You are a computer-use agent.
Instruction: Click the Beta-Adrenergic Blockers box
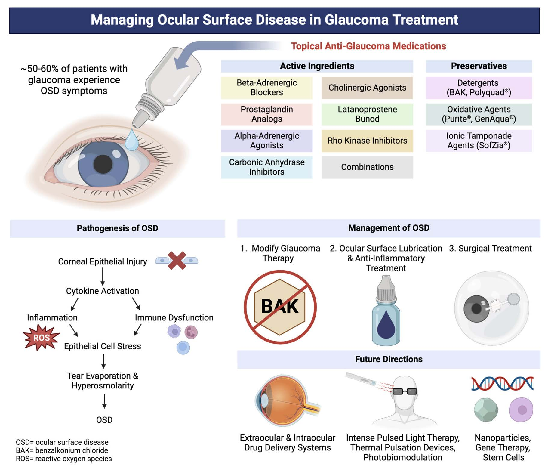266,88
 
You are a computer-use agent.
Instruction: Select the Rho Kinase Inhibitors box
367,141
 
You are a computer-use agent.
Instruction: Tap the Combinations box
367,167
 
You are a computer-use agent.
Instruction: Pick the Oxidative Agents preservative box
479,114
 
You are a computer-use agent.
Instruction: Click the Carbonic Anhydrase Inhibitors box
266,167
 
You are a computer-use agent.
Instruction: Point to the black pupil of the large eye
103,164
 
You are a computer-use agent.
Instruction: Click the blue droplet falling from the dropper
131,140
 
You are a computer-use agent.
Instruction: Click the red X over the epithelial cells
177,260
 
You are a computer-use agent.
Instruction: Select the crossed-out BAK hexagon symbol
280,307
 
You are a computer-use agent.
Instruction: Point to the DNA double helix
502,383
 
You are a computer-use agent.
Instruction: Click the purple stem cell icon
521,410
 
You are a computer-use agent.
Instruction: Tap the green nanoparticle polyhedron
486,410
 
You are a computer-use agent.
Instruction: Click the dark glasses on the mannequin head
405,391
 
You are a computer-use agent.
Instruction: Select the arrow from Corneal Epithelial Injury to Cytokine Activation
103,276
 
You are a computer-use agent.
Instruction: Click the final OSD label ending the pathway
104,420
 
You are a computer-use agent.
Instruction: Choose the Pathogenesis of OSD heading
117,228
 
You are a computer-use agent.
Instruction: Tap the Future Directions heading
389,359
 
